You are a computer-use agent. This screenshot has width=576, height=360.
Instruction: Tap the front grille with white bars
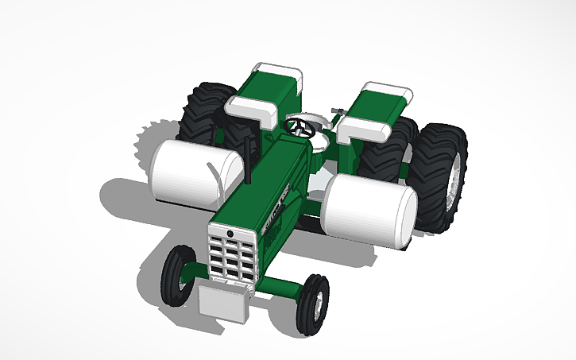pyautogui.click(x=232, y=253)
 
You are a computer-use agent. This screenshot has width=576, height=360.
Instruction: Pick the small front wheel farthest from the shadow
pyautogui.click(x=312, y=304)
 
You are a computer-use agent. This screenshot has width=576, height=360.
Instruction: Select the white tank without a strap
pyautogui.click(x=369, y=209)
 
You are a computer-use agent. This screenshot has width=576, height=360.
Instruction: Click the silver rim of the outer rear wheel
pyautogui.click(x=455, y=188)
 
